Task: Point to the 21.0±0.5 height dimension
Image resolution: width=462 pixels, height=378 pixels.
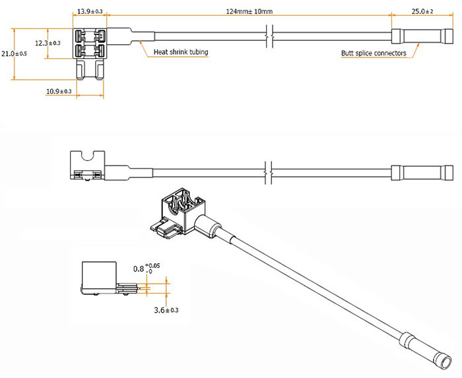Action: [x=15, y=53]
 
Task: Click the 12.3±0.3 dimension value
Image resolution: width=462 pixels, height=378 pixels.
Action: [x=48, y=43]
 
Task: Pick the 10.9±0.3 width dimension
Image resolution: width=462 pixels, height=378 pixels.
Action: [x=59, y=91]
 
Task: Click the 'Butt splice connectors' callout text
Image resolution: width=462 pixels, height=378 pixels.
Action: [x=374, y=53]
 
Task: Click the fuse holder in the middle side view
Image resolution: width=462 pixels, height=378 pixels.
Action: [x=88, y=164]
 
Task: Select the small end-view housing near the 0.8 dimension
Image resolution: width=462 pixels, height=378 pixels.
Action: [x=99, y=277]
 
